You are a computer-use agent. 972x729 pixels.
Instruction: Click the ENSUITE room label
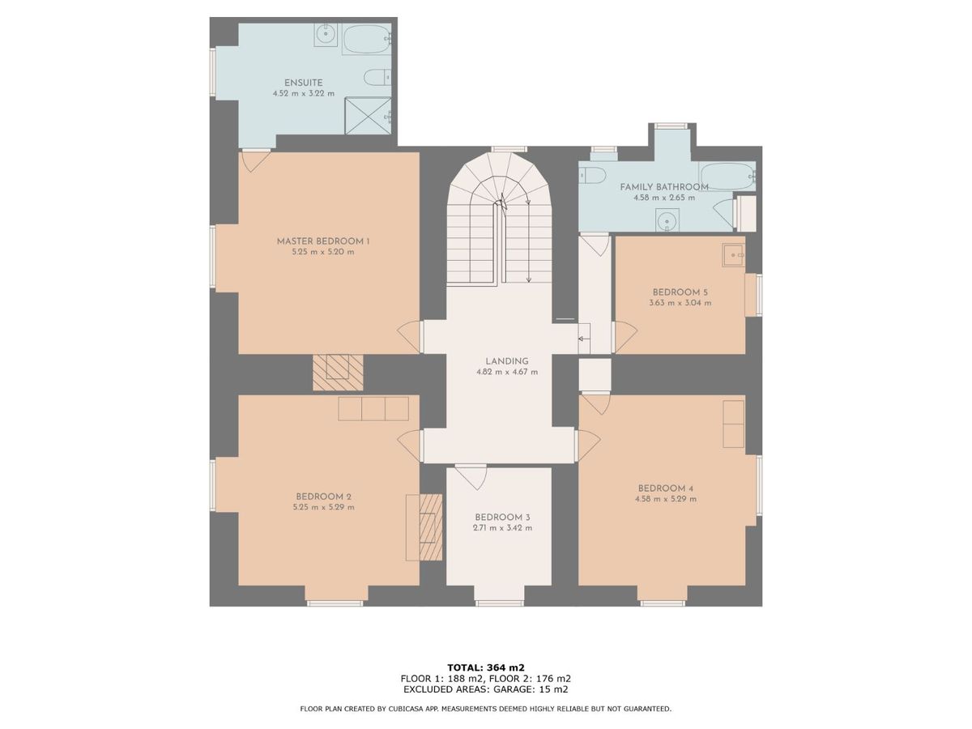click(303, 83)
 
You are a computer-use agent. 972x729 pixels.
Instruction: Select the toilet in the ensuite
click(377, 78)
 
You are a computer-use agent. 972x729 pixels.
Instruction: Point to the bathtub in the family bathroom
click(727, 177)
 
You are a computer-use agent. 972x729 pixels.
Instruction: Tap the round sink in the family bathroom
click(666, 220)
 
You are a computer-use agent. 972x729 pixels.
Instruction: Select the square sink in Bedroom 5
click(733, 255)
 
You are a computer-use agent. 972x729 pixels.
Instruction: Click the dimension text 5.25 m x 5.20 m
click(323, 252)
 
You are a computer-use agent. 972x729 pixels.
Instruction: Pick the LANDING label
click(507, 361)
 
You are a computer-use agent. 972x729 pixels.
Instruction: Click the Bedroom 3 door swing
click(472, 478)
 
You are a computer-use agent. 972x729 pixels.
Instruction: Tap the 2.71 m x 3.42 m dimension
click(503, 528)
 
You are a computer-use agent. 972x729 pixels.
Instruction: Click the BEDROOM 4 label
click(666, 488)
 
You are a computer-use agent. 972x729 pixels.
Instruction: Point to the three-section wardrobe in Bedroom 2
click(373, 408)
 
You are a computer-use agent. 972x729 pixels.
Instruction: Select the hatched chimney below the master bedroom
click(338, 373)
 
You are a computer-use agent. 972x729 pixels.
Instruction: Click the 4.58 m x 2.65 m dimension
click(664, 198)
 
